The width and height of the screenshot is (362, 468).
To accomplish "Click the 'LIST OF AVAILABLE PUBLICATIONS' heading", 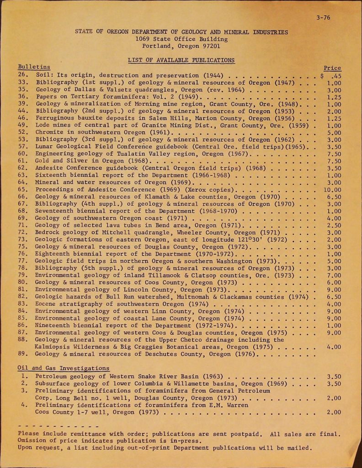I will [181, 60].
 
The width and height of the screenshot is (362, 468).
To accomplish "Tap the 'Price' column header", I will [332, 68].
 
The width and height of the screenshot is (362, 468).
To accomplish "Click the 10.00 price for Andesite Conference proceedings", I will [332, 189].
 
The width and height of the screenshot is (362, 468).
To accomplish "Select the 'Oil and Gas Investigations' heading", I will [63, 368].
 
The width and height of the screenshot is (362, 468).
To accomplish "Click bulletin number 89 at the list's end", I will [23, 354].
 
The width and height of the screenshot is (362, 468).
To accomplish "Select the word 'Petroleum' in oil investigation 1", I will [51, 377].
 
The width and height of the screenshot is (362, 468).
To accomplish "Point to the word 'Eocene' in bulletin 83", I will [46, 304].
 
